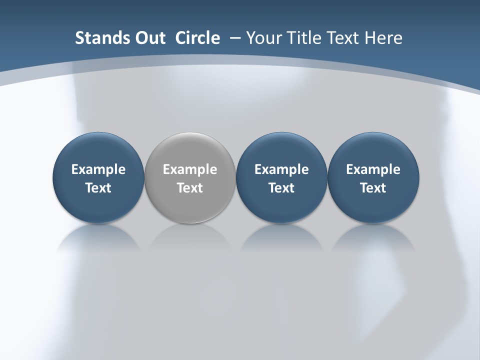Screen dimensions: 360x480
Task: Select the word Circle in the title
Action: pos(197,38)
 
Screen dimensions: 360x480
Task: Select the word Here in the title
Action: pos(384,38)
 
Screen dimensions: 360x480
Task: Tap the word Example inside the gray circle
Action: pos(190,169)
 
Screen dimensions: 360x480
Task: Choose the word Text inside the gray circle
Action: pos(190,188)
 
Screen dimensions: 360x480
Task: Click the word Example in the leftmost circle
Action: pos(98,169)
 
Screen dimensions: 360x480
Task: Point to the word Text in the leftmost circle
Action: pos(98,188)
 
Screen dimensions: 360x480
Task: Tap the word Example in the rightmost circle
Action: pos(373,169)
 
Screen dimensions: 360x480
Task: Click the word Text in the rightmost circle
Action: pos(373,188)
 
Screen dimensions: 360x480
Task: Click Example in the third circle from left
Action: pos(281,169)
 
